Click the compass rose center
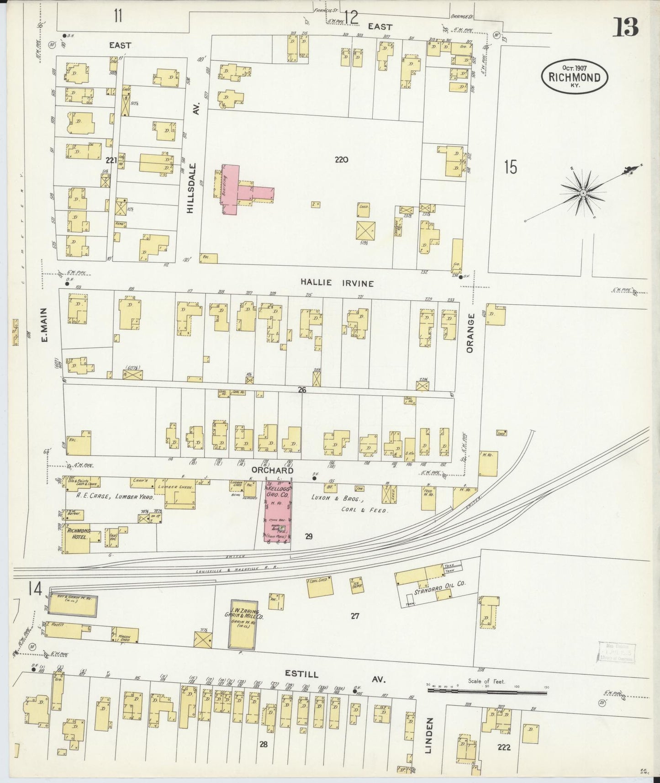[x=583, y=194]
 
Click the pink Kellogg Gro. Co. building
[x=278, y=511]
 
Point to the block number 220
[x=341, y=160]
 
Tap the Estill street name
[x=302, y=674]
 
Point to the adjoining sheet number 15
[x=510, y=167]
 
